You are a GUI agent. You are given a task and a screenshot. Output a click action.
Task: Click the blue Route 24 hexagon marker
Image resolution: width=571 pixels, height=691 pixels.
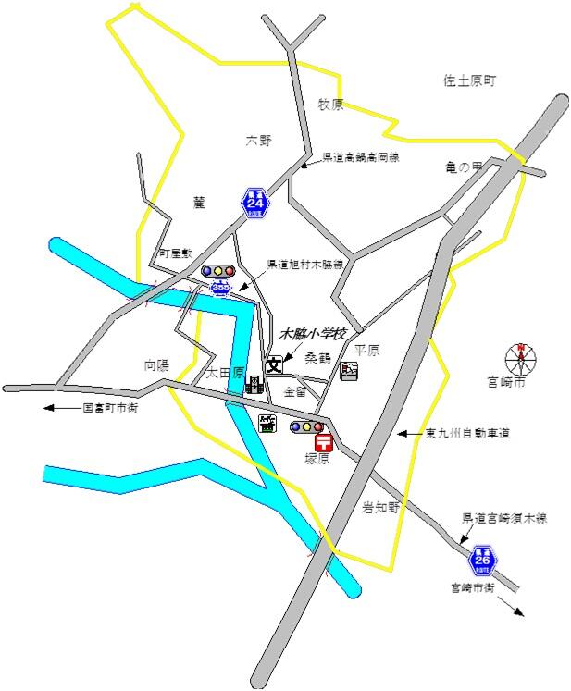pyautogui.click(x=254, y=202)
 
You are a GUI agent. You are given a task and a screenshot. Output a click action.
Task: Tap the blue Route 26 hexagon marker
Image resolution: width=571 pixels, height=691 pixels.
pyautogui.click(x=482, y=560)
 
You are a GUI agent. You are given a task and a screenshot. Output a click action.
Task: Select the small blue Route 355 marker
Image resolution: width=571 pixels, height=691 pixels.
pyautogui.click(x=220, y=289)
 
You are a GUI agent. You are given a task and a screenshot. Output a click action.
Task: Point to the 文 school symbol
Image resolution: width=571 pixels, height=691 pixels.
pyautogui.click(x=275, y=364)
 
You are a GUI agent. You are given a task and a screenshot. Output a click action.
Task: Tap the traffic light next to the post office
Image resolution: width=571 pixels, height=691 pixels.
pyautogui.click(x=307, y=426)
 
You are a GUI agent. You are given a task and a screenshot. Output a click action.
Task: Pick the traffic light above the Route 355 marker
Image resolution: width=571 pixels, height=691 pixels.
pyautogui.click(x=218, y=271)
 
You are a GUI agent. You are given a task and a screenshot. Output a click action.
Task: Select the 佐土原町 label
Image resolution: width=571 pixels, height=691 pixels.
pyautogui.click(x=469, y=81)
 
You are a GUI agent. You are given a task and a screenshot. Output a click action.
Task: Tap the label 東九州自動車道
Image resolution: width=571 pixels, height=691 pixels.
pyautogui.click(x=467, y=432)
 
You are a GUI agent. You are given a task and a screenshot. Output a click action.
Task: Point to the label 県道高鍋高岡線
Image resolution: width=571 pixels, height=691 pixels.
pyautogui.click(x=360, y=158)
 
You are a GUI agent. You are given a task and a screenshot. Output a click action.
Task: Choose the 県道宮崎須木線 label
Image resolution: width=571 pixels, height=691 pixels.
pyautogui.click(x=504, y=518)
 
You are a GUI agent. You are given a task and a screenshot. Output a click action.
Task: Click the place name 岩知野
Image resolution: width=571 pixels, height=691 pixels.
pyautogui.click(x=379, y=506)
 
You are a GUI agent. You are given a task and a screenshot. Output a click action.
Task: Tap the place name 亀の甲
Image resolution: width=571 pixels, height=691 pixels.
pyautogui.click(x=464, y=167)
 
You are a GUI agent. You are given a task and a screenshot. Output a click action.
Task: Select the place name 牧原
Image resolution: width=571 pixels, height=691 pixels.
pyautogui.click(x=330, y=105)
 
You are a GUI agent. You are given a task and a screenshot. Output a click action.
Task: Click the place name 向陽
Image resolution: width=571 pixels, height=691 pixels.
pyautogui.click(x=156, y=364)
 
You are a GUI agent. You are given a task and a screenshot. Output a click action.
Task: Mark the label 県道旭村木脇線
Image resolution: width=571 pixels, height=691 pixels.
pyautogui.click(x=305, y=264)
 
